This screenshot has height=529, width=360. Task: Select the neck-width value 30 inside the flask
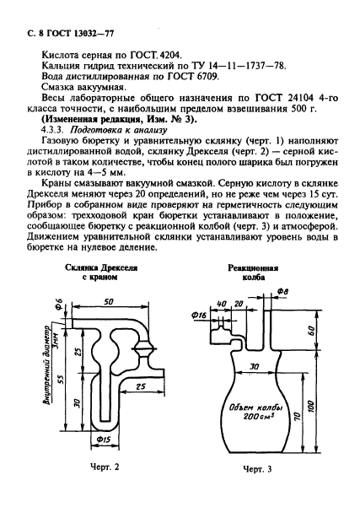(249, 369)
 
